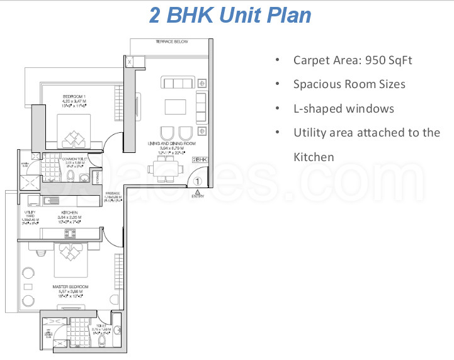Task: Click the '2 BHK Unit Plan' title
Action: pos(230,15)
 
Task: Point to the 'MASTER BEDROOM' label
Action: pos(71,286)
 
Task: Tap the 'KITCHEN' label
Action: pos(69,213)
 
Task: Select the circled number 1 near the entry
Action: pos(197,181)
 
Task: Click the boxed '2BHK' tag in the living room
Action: pos(200,160)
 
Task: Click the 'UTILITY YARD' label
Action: pos(29,218)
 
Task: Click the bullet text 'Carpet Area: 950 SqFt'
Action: pos(353,60)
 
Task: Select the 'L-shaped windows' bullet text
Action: pos(343,109)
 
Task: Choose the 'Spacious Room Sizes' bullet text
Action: pos(349,84)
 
